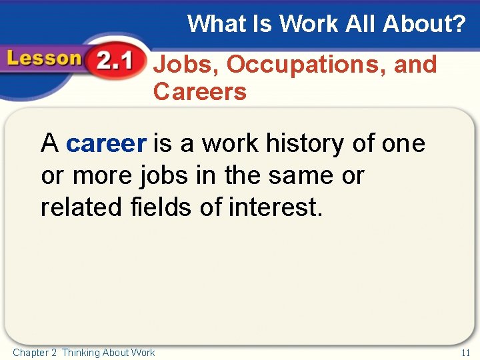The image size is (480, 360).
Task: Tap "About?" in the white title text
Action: tap(424, 24)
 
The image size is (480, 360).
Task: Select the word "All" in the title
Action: tap(361, 24)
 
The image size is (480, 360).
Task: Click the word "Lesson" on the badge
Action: tap(43, 59)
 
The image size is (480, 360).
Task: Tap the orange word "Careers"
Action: tap(200, 92)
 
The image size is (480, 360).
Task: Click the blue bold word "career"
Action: tap(106, 143)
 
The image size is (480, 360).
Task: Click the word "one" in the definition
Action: tap(403, 143)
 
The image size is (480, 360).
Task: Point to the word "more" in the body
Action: tap(103, 176)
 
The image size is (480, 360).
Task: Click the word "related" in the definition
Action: tap(79, 207)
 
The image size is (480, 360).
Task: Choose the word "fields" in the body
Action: tap(160, 207)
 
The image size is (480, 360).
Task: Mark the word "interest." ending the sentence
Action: tap(275, 207)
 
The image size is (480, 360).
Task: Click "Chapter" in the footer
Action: tap(30, 353)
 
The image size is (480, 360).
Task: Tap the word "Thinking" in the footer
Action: tap(81, 353)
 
